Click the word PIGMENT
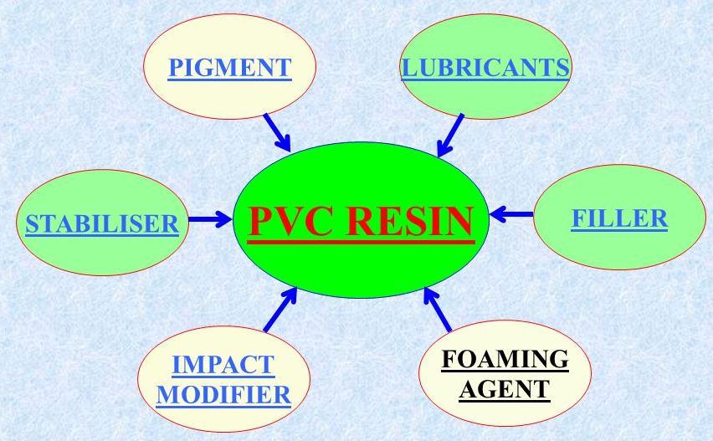(x=229, y=67)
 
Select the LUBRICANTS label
(x=485, y=68)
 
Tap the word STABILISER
(x=102, y=223)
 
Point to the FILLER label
(x=619, y=218)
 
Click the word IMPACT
(x=223, y=365)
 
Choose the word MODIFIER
(x=223, y=395)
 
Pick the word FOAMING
(x=505, y=359)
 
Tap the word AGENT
(x=505, y=389)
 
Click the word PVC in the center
(x=291, y=222)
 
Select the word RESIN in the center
(x=410, y=222)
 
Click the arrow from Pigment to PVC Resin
(x=277, y=132)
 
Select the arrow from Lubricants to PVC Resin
(x=450, y=136)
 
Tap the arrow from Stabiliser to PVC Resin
(x=210, y=219)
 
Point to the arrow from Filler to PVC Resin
(x=511, y=214)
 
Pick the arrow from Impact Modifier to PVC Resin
(x=280, y=309)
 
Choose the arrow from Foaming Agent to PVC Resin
(x=438, y=309)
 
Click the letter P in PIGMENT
(x=176, y=67)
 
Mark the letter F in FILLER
(x=578, y=218)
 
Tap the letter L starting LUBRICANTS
(x=409, y=68)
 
